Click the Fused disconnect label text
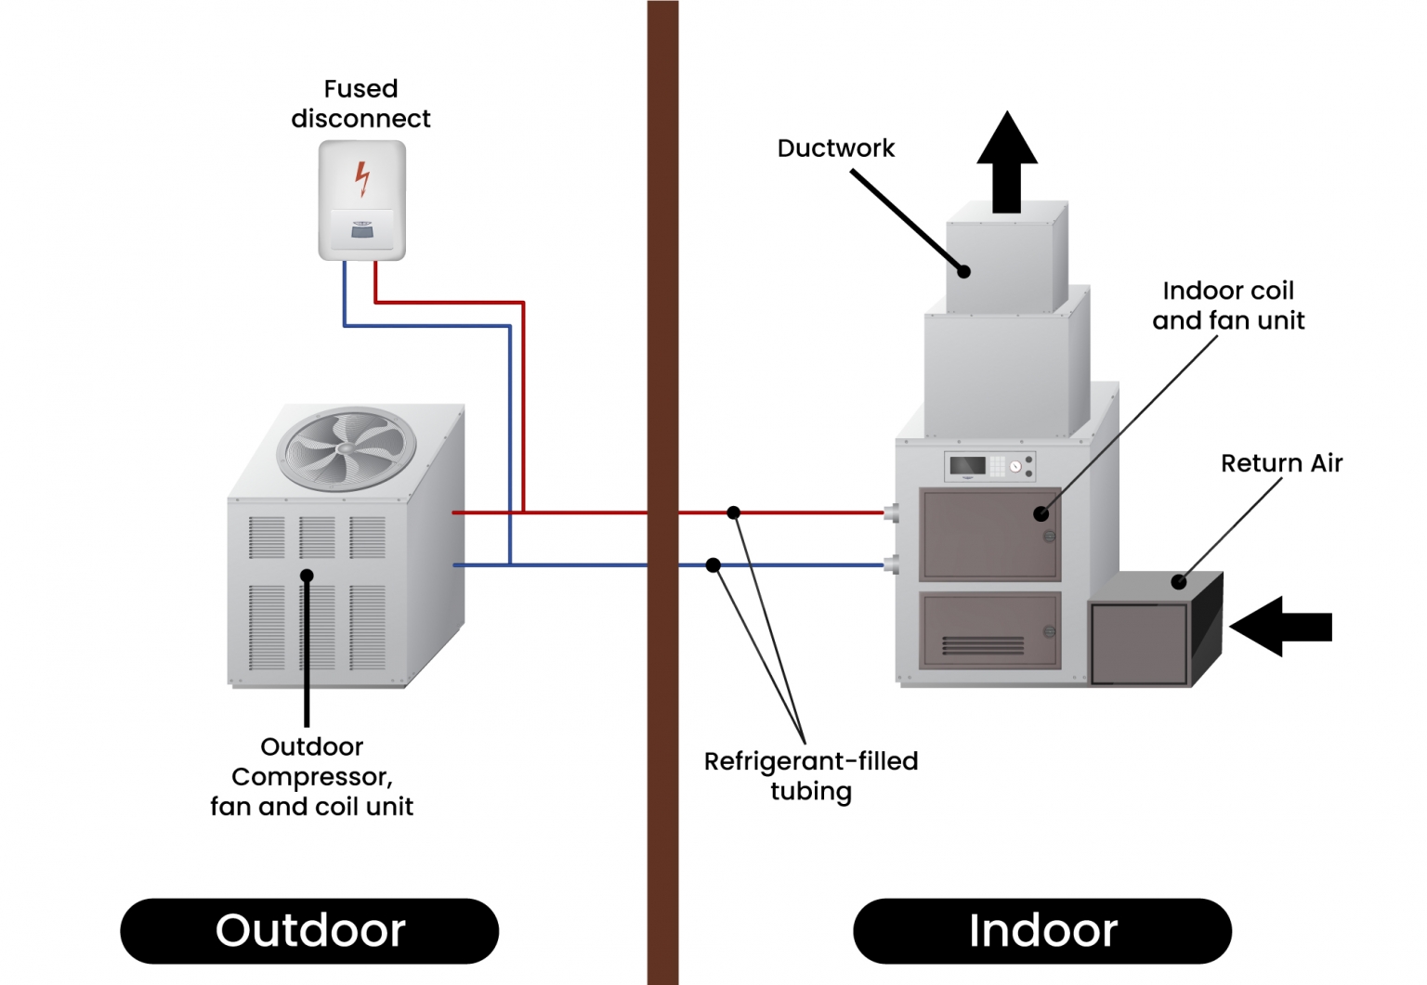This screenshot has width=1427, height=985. (360, 104)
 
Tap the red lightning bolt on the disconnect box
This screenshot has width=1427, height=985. (362, 178)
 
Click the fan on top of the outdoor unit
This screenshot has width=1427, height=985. (347, 449)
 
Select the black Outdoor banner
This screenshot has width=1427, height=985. (309, 930)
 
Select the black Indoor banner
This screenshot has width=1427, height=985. (1041, 930)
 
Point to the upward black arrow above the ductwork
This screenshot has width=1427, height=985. (1007, 162)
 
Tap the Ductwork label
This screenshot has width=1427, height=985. (835, 149)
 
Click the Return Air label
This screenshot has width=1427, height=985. (1281, 463)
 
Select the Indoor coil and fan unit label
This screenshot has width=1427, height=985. (1227, 305)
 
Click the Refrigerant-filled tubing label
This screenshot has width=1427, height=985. (810, 776)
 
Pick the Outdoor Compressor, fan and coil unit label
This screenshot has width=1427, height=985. (311, 776)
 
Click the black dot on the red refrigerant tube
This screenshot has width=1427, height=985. (734, 512)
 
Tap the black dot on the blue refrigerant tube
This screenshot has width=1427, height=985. (713, 565)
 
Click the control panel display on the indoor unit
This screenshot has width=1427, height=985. (968, 465)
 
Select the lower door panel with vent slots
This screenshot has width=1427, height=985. (989, 630)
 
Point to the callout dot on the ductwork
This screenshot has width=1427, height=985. (964, 272)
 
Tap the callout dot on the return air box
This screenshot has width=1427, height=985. (1179, 582)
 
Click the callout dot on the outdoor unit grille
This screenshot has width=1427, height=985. (307, 576)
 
